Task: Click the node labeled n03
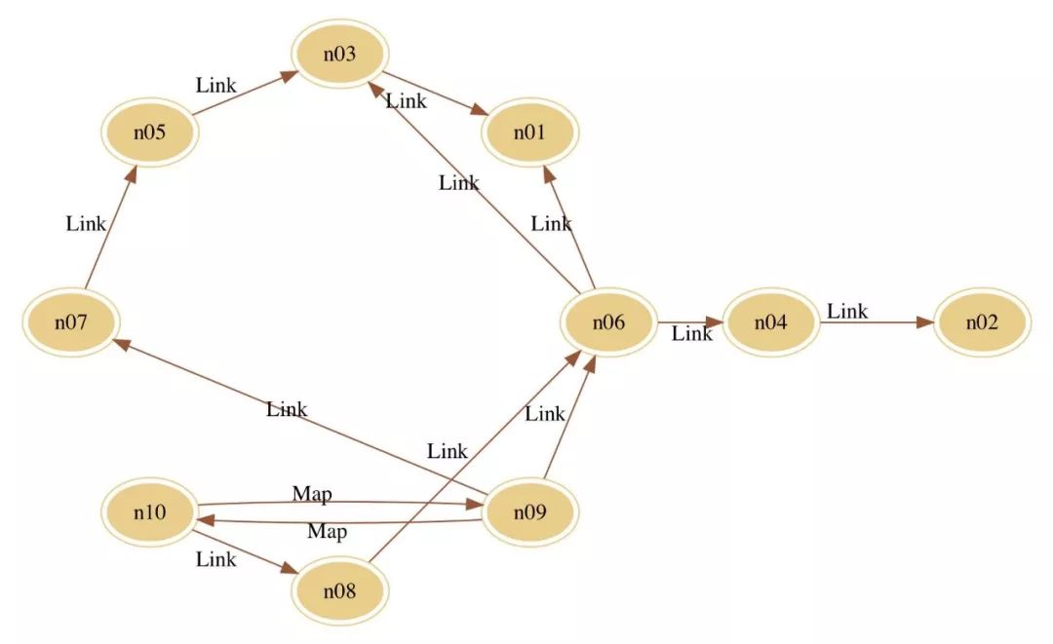(x=339, y=53)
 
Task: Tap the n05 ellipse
(x=149, y=131)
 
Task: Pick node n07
(x=71, y=322)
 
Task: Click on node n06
(x=608, y=322)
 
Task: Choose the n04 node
(x=770, y=322)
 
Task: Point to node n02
(x=982, y=322)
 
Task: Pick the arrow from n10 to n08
(x=244, y=550)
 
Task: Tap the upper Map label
(x=312, y=494)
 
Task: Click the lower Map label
(x=327, y=532)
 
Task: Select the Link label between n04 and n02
(x=847, y=312)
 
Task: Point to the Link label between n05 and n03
(x=215, y=85)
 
